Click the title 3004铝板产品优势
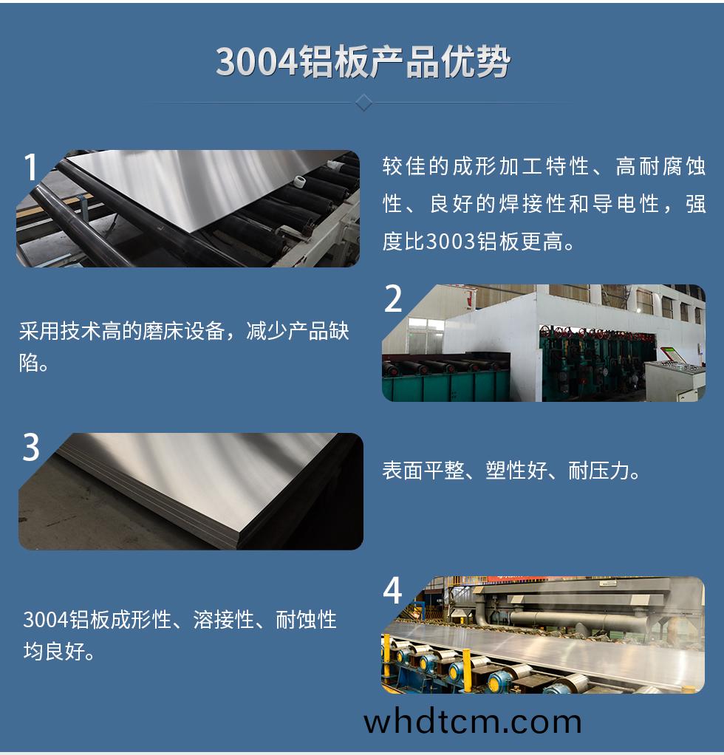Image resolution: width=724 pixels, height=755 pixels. [362, 62]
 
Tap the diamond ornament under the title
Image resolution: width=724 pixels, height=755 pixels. [363, 102]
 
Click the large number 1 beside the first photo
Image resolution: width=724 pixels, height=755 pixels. [30, 168]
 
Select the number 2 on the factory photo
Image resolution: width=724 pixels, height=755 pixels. [394, 299]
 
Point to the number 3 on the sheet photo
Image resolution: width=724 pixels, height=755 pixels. [31, 448]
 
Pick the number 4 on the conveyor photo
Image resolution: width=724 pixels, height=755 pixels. [393, 590]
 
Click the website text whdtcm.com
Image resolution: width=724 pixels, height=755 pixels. [473, 722]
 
